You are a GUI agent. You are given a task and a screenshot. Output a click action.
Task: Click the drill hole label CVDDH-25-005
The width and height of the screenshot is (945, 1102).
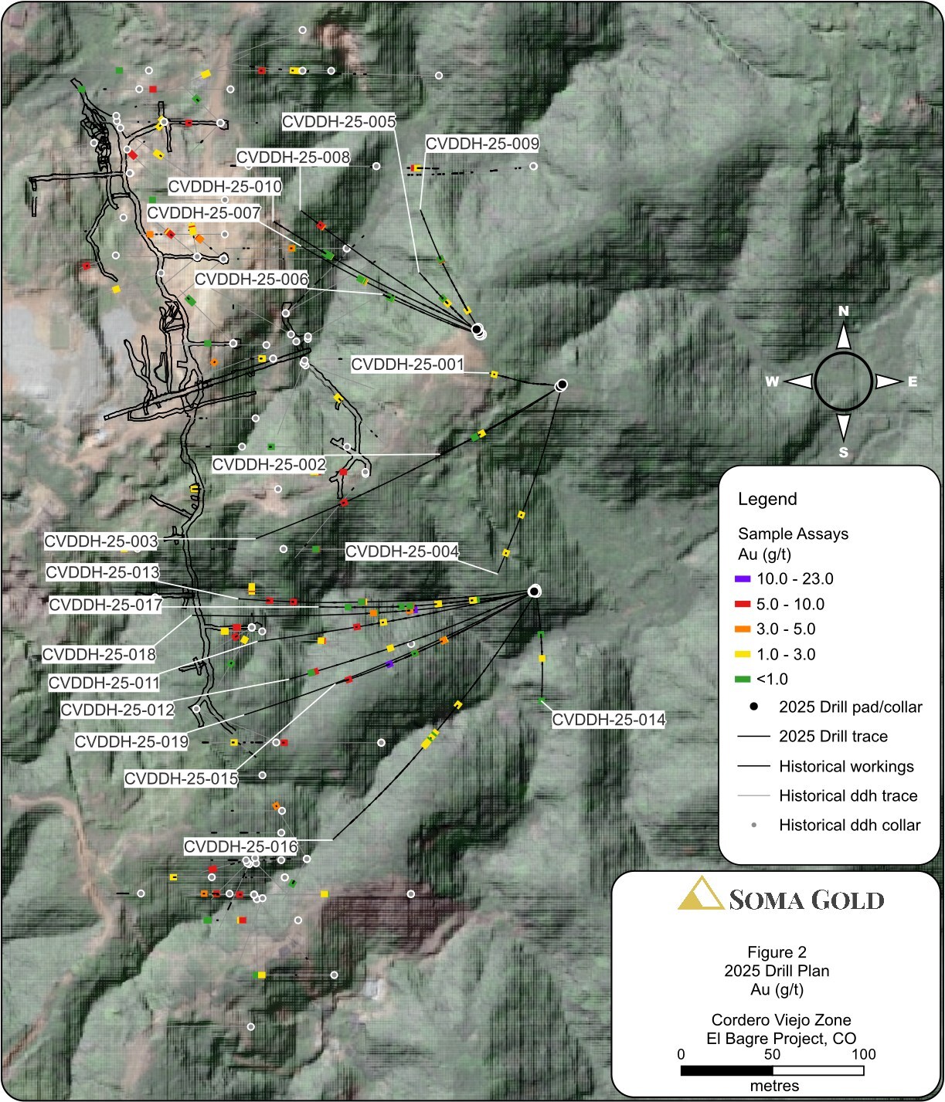(x=338, y=122)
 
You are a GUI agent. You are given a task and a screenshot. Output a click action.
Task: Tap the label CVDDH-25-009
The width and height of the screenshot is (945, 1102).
(x=482, y=144)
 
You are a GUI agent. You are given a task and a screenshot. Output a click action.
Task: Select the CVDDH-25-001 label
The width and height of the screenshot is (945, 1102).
(x=407, y=365)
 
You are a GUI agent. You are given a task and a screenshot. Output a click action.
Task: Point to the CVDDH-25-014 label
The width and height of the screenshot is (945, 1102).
(x=608, y=720)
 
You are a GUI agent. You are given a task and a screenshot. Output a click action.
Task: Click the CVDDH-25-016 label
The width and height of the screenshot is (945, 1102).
(x=240, y=847)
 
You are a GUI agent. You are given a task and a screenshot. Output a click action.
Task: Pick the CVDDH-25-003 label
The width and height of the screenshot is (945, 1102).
(x=101, y=541)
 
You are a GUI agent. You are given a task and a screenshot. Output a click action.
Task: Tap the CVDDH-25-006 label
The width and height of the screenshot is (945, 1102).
(x=251, y=280)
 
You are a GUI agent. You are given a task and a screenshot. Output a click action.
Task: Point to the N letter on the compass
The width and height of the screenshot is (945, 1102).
(x=844, y=311)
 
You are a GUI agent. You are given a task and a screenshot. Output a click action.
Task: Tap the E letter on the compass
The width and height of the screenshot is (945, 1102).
(x=913, y=381)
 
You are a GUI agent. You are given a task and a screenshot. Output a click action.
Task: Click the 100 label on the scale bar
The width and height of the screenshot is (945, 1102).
(x=863, y=1055)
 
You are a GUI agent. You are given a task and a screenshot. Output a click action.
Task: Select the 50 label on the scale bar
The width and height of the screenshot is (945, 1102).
(x=772, y=1055)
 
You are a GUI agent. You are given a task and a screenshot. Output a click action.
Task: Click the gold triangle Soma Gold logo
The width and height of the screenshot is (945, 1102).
(x=700, y=893)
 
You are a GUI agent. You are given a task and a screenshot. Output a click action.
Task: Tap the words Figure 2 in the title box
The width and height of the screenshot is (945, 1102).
(x=777, y=952)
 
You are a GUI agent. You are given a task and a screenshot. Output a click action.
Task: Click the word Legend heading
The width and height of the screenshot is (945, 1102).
(x=767, y=499)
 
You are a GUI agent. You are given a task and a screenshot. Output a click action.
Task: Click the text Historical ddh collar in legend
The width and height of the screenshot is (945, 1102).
(x=849, y=826)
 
